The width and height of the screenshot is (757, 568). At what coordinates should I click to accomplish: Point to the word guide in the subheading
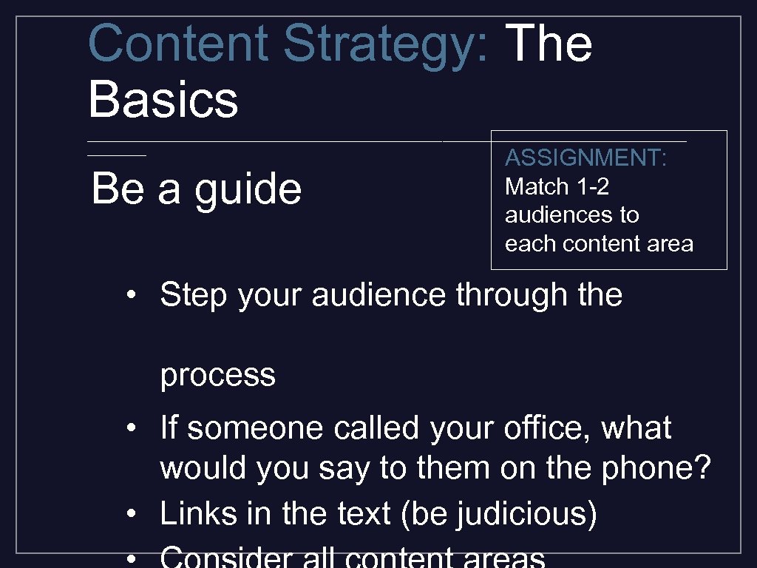point(248,189)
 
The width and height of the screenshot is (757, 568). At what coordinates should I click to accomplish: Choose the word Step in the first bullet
point(194,295)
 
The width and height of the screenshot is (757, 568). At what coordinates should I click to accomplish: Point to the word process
point(218,375)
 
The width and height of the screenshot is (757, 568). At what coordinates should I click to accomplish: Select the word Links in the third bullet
point(194,514)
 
